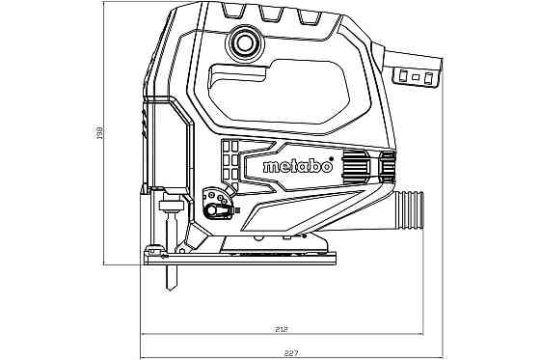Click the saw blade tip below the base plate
pos(170,281)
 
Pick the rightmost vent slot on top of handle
pos(307,14)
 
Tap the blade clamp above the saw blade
pos(173,207)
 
